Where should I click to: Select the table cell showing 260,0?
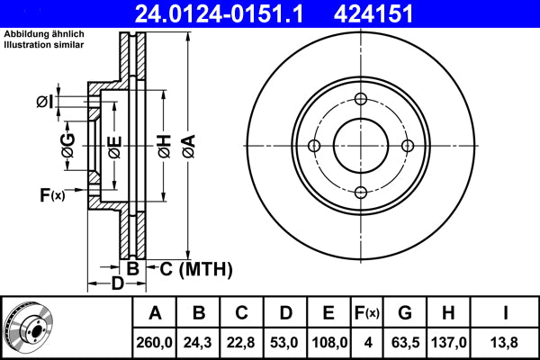[155, 341]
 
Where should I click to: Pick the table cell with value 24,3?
[199, 341]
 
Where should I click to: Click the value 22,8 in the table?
[242, 341]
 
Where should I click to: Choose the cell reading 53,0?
[285, 341]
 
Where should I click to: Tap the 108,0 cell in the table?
[328, 341]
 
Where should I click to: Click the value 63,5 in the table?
[406, 341]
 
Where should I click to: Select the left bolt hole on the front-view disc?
[314, 146]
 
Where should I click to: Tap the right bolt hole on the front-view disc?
[407, 146]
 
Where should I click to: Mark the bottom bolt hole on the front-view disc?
[360, 192]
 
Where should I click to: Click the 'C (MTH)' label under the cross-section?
[196, 268]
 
